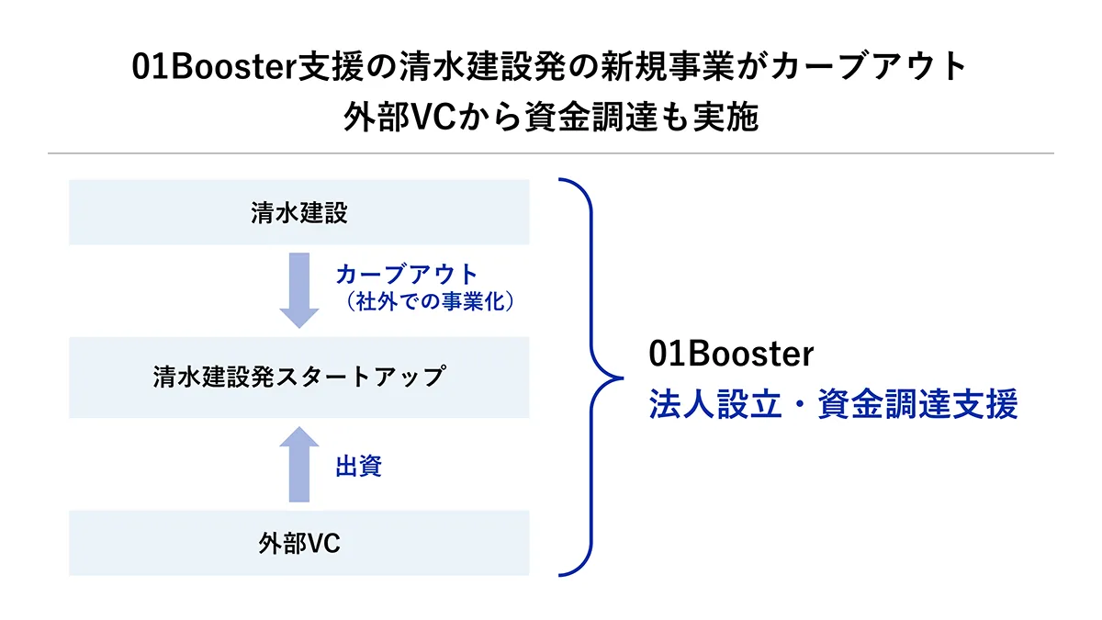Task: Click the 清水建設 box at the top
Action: point(299,212)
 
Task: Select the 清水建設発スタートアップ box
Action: point(299,378)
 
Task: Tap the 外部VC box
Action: point(299,543)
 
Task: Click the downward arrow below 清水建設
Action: point(299,290)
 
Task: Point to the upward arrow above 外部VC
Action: point(299,464)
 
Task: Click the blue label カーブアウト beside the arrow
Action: point(407,274)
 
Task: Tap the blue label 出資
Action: point(359,466)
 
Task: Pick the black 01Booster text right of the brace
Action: point(731,354)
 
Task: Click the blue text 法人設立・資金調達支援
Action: point(834,404)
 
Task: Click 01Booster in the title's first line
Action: point(214,66)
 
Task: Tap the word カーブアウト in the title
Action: point(869,66)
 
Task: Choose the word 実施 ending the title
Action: point(725,118)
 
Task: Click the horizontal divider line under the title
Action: point(551,153)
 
